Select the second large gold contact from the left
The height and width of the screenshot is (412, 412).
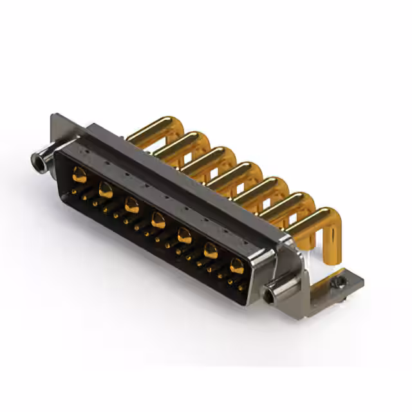tap(106, 190)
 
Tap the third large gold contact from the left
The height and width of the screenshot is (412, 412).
tap(132, 206)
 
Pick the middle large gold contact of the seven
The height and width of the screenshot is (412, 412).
tap(158, 222)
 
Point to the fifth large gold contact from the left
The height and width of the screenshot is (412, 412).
tap(185, 236)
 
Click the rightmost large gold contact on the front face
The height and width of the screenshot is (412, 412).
tap(238, 267)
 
